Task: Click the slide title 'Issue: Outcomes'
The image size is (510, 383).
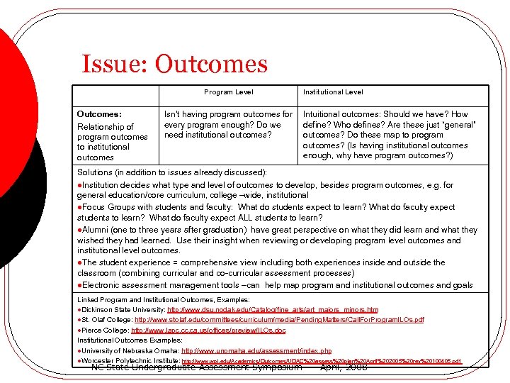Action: point(174,65)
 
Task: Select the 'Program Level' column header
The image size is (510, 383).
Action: point(228,92)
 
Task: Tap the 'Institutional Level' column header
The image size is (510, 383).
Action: point(333,92)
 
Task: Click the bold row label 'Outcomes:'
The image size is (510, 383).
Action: point(99,113)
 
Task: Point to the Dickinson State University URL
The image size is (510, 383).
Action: point(273,310)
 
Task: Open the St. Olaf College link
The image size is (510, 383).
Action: point(283,320)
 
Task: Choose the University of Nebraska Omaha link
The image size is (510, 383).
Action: point(256,351)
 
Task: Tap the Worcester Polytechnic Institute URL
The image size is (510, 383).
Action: point(322,361)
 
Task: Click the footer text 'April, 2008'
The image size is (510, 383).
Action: point(344,367)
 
